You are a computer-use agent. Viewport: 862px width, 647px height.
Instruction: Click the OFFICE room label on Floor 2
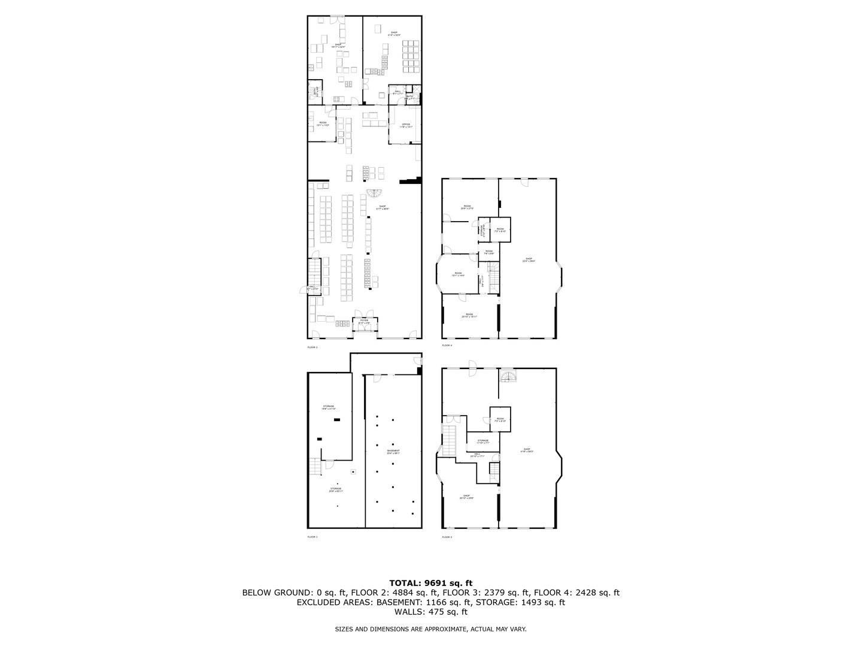(406, 125)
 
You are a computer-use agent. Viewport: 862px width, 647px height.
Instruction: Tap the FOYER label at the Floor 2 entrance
(364, 322)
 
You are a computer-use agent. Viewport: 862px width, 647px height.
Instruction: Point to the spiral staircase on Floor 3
(508, 375)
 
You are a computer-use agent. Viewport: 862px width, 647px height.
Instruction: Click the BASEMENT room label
(393, 452)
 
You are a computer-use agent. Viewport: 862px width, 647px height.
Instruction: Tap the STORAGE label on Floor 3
(483, 442)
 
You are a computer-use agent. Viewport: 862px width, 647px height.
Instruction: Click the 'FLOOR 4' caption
(447, 346)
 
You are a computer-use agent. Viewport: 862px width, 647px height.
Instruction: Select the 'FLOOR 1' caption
(312, 537)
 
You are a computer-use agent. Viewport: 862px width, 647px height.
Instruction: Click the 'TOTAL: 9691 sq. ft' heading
(431, 582)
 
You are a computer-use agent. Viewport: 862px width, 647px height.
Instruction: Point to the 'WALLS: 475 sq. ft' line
(431, 612)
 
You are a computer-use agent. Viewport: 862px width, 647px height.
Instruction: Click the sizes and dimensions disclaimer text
(431, 629)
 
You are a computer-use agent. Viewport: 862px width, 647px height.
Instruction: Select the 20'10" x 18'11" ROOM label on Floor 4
(469, 315)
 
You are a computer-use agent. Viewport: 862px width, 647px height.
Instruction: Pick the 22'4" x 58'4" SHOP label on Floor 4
(529, 260)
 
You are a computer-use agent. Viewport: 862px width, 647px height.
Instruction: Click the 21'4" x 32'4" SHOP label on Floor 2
(394, 34)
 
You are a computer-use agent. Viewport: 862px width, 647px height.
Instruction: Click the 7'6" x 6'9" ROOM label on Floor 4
(488, 252)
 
